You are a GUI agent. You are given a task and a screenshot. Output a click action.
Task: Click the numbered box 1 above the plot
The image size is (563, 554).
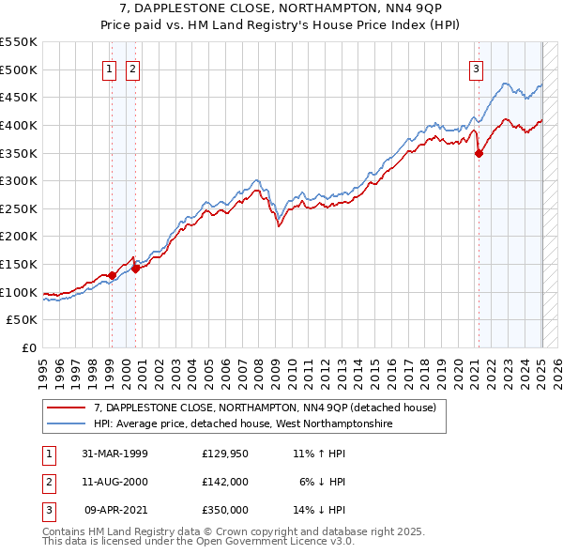tap(110, 68)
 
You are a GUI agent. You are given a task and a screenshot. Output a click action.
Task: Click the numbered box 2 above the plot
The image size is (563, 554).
tap(132, 68)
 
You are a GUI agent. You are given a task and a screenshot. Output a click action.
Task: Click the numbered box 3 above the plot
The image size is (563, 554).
tap(477, 68)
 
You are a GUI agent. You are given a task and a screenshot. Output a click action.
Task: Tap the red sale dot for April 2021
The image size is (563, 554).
tap(479, 154)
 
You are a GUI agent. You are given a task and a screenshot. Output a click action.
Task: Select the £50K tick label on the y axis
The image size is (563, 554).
tap(23, 320)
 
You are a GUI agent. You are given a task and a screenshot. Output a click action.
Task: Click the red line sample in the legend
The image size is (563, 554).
tap(66, 408)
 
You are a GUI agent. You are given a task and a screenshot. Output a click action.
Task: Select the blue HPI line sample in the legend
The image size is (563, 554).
tap(66, 424)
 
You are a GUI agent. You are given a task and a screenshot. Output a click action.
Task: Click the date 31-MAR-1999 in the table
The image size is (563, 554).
tap(114, 454)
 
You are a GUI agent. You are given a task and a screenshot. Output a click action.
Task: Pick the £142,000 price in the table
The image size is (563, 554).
tap(224, 482)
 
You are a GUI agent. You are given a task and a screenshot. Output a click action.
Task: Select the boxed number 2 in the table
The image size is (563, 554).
tap(47, 482)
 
